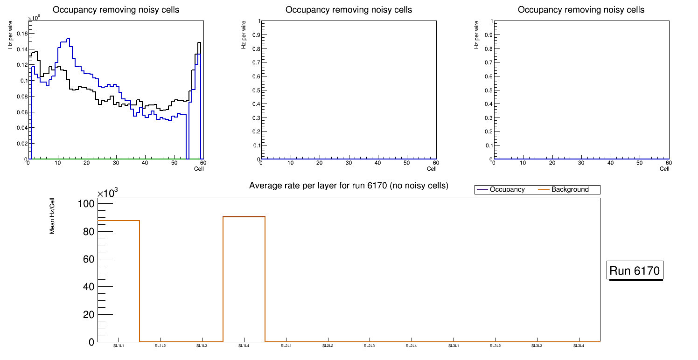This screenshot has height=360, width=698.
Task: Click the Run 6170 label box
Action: (x=635, y=270)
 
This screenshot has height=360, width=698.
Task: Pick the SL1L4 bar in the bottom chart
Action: (x=244, y=280)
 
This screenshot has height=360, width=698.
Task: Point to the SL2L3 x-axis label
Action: (x=370, y=346)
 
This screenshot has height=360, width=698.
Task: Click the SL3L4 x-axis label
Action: (x=579, y=346)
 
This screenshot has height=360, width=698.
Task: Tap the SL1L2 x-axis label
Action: (x=161, y=346)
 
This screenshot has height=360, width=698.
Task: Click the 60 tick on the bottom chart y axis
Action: (x=89, y=259)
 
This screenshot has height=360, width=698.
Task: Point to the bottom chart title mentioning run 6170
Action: (x=349, y=186)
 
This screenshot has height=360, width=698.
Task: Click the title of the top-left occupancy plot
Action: (x=116, y=10)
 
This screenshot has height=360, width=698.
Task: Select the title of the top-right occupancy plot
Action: (x=581, y=10)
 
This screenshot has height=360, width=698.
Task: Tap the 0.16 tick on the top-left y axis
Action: (x=22, y=34)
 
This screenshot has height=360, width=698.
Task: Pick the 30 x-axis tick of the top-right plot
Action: (x=581, y=163)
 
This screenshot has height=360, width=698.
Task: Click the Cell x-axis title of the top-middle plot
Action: (x=432, y=169)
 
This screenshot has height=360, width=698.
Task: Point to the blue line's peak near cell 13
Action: (x=68, y=39)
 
